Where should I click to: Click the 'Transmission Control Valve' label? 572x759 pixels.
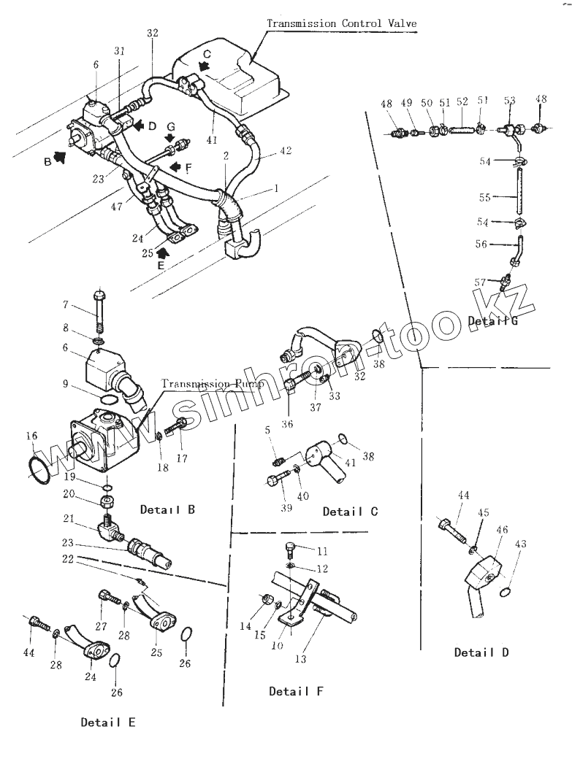click(341, 23)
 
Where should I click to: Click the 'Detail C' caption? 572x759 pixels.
click(351, 511)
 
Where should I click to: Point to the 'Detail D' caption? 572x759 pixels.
click(481, 652)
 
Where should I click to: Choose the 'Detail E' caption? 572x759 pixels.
click(107, 723)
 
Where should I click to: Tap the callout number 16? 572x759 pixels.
click(32, 436)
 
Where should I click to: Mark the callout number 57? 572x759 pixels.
click(480, 282)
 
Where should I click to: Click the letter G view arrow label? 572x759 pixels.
click(169, 126)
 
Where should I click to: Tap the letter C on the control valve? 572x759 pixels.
click(206, 54)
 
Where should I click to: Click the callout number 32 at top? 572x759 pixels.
click(152, 33)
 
